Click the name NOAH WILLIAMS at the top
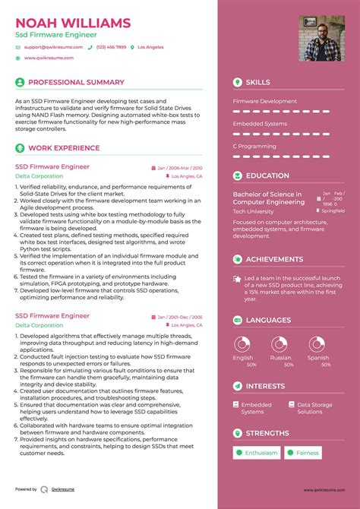pyautogui.click(x=72, y=23)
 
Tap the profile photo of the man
pyautogui.click(x=321, y=38)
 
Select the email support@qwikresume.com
pyautogui.click(x=48, y=47)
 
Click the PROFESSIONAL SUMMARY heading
pyautogui.click(x=76, y=82)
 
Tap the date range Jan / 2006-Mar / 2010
pyautogui.click(x=180, y=167)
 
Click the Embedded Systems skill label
pyautogui.click(x=260, y=123)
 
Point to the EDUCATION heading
pyautogui.click(x=267, y=175)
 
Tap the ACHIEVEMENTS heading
pyautogui.click(x=274, y=259)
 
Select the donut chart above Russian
pyautogui.click(x=279, y=343)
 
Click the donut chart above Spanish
pyautogui.click(x=317, y=343)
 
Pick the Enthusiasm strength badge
pyautogui.click(x=258, y=453)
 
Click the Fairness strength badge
pyautogui.click(x=305, y=453)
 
